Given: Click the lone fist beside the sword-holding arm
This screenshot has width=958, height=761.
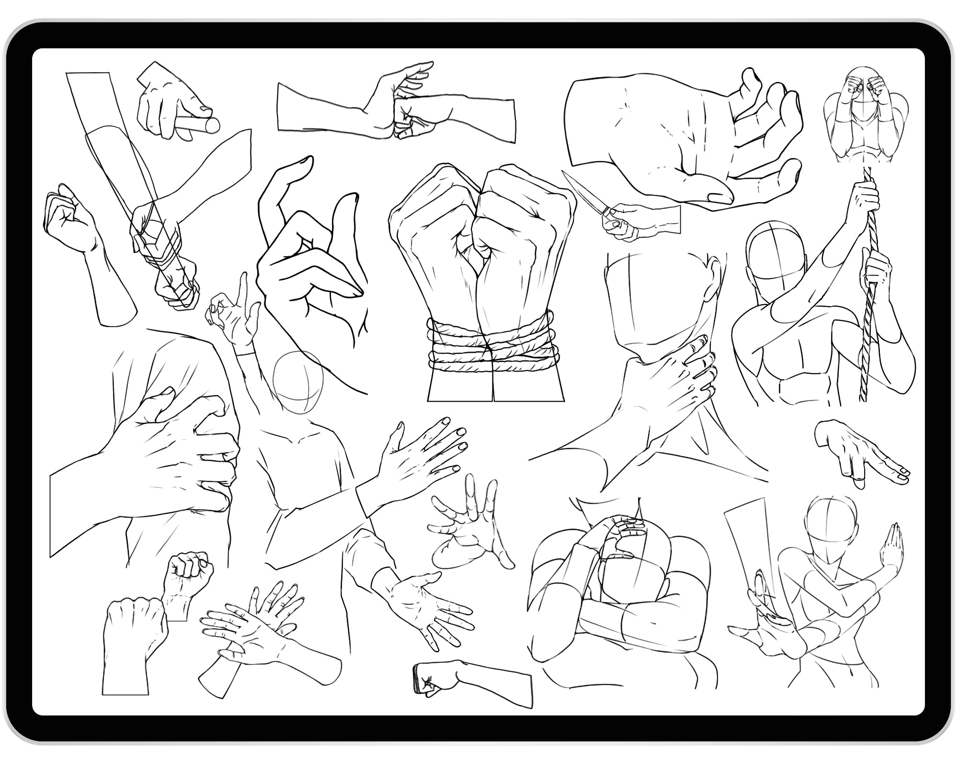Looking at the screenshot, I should [72, 220].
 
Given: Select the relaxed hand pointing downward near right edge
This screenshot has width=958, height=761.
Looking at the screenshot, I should [857, 455].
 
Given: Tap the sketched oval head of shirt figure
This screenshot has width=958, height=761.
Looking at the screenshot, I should [297, 383].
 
